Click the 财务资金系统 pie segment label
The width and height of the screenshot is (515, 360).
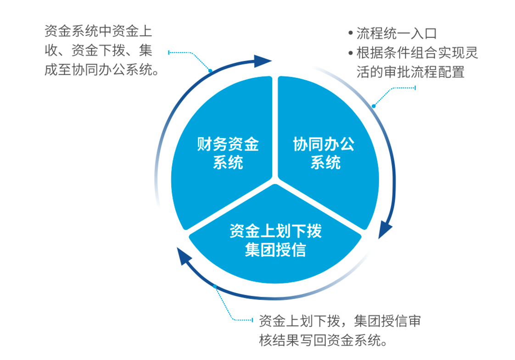[228, 153]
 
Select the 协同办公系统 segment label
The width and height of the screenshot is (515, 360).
[324, 153]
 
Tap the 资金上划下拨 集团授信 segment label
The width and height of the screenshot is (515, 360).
[275, 240]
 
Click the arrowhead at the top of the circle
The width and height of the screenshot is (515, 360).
[263, 61]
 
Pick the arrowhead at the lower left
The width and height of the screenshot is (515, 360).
[184, 256]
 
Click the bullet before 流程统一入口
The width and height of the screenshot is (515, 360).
[351, 33]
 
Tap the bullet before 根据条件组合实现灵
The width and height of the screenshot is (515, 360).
[351, 52]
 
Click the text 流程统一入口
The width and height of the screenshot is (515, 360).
[397, 33]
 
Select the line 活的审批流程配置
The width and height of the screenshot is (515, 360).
[410, 72]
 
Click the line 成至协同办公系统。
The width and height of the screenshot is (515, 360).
[101, 69]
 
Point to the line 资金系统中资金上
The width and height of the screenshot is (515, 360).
[98, 31]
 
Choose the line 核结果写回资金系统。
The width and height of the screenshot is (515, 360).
[323, 340]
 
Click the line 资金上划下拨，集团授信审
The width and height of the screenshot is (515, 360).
[340, 321]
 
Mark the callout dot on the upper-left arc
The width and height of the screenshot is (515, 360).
[210, 71]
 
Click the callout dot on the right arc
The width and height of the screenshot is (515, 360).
[374, 106]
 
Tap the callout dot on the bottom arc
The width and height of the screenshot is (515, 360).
[215, 287]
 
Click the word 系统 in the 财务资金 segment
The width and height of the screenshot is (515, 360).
[228, 162]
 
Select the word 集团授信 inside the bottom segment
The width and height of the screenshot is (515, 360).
[275, 249]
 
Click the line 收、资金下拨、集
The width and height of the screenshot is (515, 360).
[98, 50]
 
